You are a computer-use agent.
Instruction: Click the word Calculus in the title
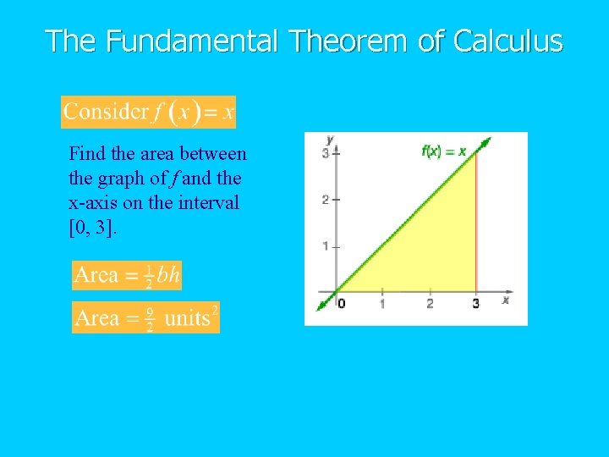click(x=508, y=41)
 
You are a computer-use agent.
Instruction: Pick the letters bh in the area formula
click(x=169, y=275)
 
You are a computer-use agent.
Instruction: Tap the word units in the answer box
click(x=187, y=318)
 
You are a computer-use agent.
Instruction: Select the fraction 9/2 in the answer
click(x=149, y=318)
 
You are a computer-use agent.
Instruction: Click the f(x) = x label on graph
click(x=443, y=151)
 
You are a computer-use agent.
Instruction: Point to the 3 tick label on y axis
click(x=326, y=153)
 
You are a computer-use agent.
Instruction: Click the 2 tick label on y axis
click(x=326, y=200)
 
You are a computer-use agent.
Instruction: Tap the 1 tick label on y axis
click(x=326, y=246)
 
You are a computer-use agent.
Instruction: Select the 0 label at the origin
click(x=341, y=304)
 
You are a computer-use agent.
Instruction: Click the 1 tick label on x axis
click(x=382, y=304)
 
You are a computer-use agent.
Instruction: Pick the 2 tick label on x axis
click(x=430, y=304)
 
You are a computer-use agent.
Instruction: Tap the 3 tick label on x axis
click(x=475, y=304)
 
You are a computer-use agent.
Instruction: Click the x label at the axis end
click(x=506, y=300)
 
